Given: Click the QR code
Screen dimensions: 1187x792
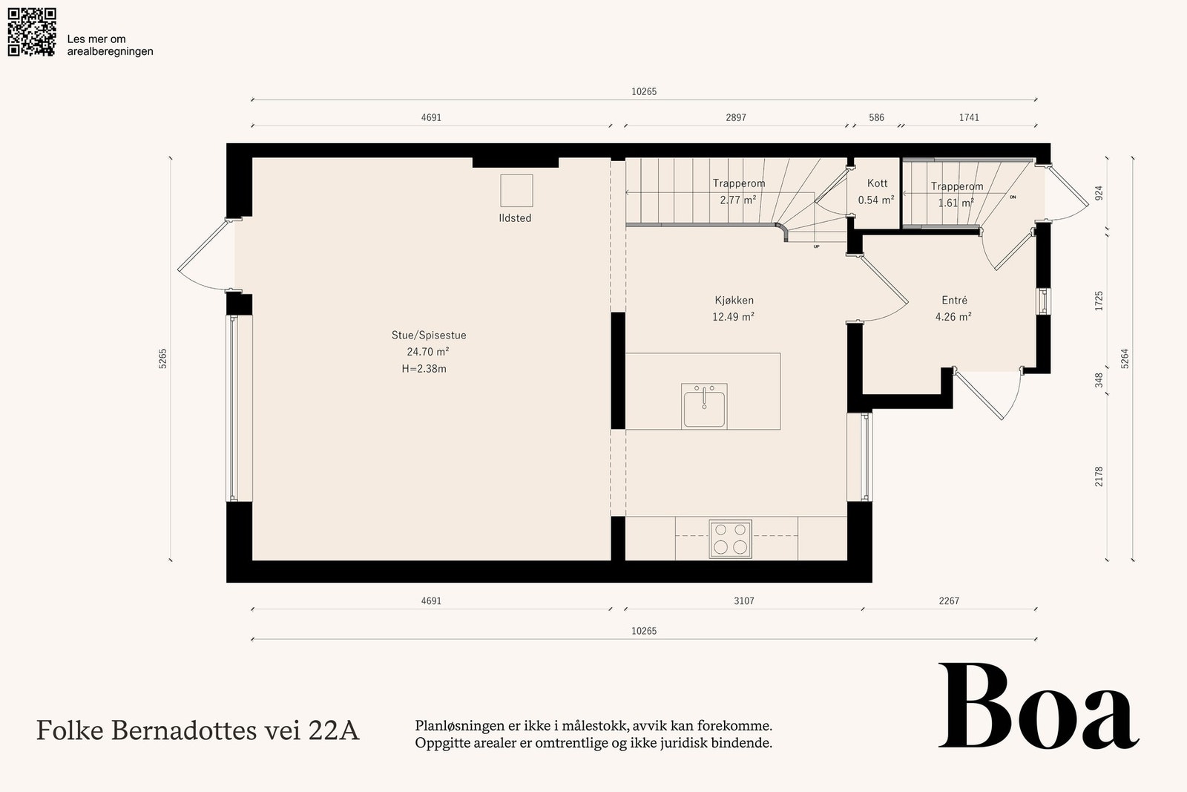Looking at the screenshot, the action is click(32, 32).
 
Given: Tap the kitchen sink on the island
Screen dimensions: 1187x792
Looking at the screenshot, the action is click(704, 406).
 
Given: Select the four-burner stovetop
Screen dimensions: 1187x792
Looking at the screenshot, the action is click(730, 539).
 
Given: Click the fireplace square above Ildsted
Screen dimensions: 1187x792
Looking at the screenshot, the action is click(516, 191).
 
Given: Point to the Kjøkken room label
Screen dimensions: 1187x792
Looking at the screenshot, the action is click(734, 300).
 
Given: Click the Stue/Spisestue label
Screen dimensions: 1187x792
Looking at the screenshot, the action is click(429, 335).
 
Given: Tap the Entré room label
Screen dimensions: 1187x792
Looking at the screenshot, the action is click(954, 300).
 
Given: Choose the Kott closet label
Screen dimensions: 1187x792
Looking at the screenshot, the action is click(877, 183).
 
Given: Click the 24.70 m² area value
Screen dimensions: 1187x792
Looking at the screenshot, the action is click(428, 352).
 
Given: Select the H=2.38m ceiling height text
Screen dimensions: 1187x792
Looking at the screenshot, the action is click(424, 369).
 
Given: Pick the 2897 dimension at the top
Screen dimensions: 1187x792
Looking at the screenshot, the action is click(736, 118).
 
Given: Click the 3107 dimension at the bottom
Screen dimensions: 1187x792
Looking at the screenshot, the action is click(744, 601).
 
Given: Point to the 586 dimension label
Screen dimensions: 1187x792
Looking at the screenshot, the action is click(876, 118).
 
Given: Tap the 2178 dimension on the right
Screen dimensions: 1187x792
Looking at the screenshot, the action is click(1099, 477).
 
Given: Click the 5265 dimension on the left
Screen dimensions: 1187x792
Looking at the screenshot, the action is click(162, 359).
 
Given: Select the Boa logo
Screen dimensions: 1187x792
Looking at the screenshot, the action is click(1039, 706).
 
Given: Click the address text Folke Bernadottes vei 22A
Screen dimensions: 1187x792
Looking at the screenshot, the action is click(197, 730).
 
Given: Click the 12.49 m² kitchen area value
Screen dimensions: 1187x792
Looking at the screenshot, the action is click(734, 317).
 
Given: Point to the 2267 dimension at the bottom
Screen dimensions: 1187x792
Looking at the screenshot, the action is click(949, 601).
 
